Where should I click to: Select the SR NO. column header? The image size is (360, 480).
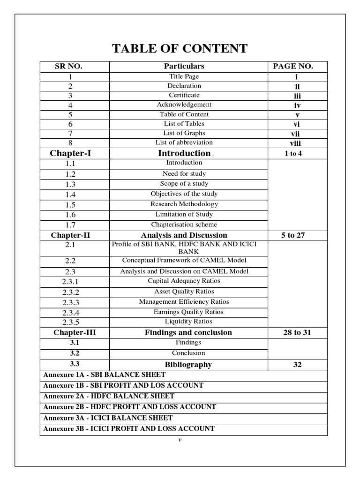pyautogui.click(x=69, y=66)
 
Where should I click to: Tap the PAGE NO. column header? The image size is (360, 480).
pyautogui.click(x=293, y=66)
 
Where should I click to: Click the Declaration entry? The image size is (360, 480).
pyautogui.click(x=184, y=86)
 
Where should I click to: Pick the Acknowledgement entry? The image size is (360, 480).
pyautogui.click(x=184, y=105)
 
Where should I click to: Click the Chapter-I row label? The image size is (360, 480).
pyautogui.click(x=71, y=153)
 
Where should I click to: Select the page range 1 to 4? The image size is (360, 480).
pyautogui.click(x=293, y=153)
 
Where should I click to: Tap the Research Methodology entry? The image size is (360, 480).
pyautogui.click(x=184, y=204)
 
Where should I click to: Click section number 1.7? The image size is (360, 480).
pyautogui.click(x=71, y=225)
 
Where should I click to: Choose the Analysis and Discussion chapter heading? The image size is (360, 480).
pyautogui.click(x=184, y=235)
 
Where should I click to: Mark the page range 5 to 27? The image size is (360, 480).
pyautogui.click(x=293, y=235)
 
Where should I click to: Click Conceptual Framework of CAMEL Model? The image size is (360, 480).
pyautogui.click(x=184, y=260)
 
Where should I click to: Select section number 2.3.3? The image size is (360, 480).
pyautogui.click(x=71, y=302)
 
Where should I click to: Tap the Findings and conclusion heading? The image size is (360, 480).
pyautogui.click(x=188, y=332)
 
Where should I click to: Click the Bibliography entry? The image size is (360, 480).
pyautogui.click(x=188, y=364)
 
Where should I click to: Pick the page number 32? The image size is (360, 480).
pyautogui.click(x=297, y=364)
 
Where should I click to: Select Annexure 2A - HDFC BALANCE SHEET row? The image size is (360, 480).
pyautogui.click(x=109, y=396)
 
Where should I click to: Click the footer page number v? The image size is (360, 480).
pyautogui.click(x=180, y=440)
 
